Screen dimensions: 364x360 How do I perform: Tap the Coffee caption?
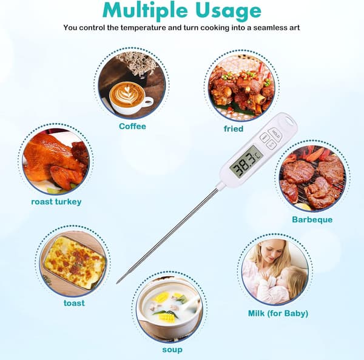point(132,126)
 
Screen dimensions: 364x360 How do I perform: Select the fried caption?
point(234,128)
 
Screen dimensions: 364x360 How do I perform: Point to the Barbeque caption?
point(312,219)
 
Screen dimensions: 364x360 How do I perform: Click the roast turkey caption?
point(56,202)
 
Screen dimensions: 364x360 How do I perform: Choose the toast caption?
point(74,303)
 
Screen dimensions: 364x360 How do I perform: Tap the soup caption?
point(172,350)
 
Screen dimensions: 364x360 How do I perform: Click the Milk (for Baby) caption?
point(278,313)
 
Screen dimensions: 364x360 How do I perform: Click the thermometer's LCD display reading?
point(246,162)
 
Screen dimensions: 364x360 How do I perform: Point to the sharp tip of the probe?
point(117,282)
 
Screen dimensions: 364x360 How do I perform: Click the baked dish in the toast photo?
point(75,263)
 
